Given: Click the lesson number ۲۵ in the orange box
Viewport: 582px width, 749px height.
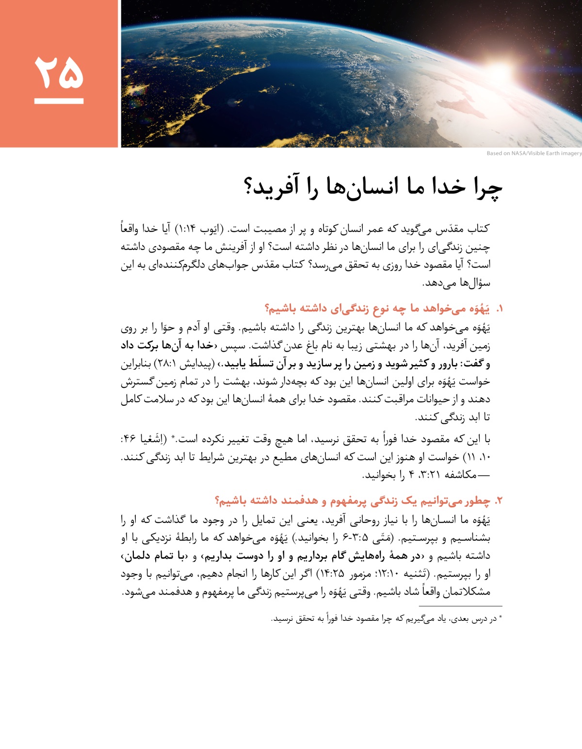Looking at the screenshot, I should pyautogui.click(x=59, y=72).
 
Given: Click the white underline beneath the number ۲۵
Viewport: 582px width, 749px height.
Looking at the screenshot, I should pyautogui.click(x=59, y=101).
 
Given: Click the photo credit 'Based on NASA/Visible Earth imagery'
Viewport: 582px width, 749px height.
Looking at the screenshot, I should pyautogui.click(x=534, y=153).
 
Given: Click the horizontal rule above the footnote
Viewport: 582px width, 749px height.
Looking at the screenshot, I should pyautogui.click(x=460, y=606).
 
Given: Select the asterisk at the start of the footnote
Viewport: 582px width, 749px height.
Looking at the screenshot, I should pyautogui.click(x=501, y=618).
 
